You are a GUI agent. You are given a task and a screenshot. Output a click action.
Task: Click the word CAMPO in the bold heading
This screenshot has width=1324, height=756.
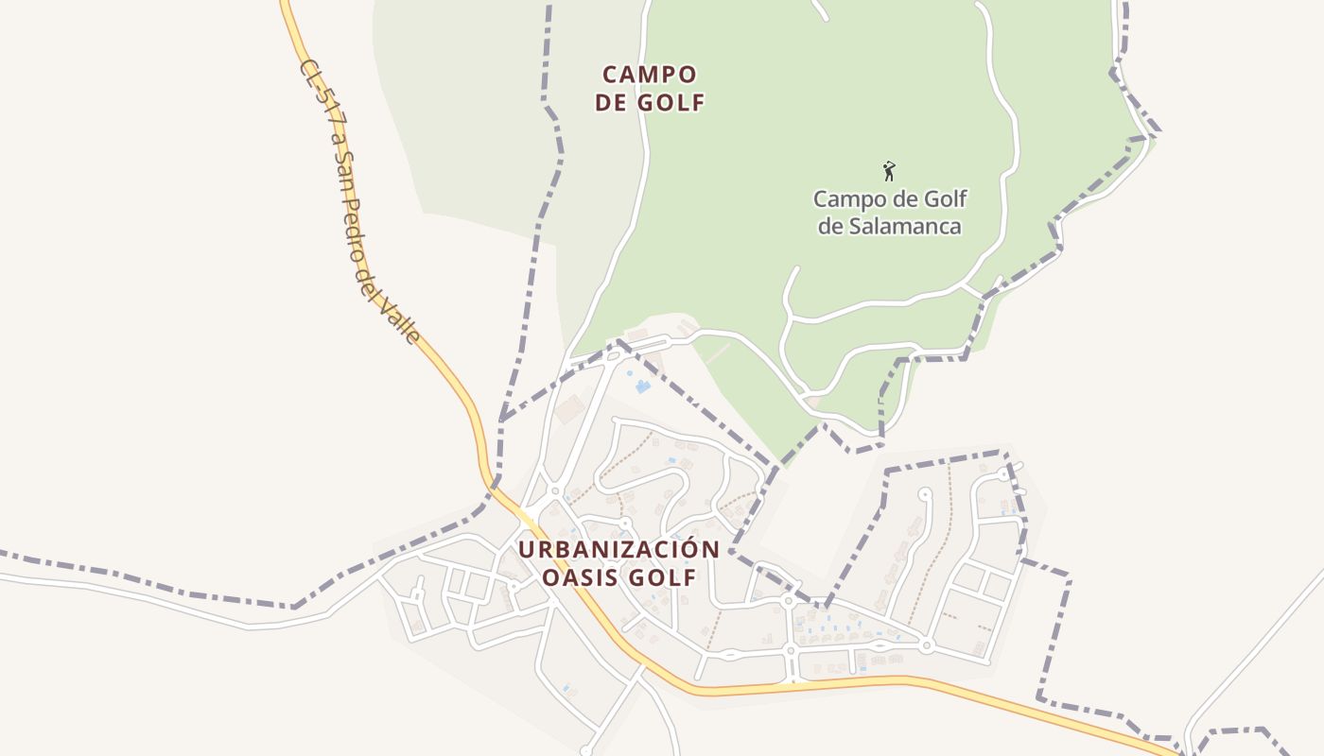tap(650, 74)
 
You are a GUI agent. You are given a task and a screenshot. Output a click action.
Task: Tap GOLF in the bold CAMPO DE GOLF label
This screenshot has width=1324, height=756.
tap(671, 103)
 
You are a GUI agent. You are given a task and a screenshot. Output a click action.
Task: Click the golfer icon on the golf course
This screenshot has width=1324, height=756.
tap(888, 171)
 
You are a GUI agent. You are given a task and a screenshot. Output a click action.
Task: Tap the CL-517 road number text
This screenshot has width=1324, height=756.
tap(316, 94)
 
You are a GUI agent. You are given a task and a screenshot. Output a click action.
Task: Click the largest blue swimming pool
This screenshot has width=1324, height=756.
tap(643, 387)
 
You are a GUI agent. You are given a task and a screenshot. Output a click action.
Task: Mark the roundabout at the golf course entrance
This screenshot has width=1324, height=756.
tap(613, 356)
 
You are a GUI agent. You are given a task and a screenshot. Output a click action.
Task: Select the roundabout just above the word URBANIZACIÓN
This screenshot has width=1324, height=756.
tap(624, 523)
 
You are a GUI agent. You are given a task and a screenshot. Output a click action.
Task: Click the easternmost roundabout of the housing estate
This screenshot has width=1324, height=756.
tap(927, 646)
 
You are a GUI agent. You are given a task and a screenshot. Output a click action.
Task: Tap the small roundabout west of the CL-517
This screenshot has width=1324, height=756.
tap(513, 586)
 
